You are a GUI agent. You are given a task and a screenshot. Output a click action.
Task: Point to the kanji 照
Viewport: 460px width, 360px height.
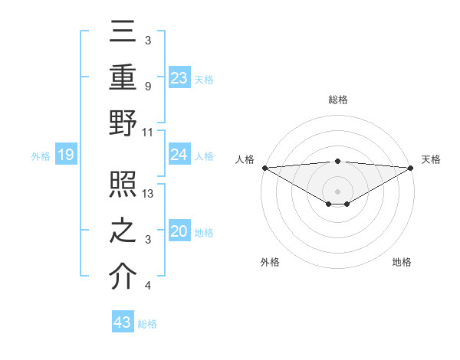coord(123,185)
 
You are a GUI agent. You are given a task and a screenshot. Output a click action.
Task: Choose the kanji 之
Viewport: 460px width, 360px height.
coord(123,231)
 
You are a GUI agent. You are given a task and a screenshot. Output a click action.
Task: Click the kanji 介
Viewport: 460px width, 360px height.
coord(123,277)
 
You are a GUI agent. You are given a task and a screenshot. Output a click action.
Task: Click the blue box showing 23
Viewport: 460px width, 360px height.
coord(179,77)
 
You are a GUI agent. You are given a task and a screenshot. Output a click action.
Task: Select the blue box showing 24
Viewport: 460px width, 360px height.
coord(179,155)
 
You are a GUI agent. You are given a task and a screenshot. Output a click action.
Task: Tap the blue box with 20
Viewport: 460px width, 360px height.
coord(179,232)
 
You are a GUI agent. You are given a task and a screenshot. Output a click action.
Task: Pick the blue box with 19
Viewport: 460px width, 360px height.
coord(65,155)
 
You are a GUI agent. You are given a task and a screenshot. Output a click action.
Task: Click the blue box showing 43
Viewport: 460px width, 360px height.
coord(123,322)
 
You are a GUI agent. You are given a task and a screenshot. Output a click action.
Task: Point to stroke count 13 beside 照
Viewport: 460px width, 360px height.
coord(149,195)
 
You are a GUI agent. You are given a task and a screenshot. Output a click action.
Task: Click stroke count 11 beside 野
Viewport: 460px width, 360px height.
coord(148,133)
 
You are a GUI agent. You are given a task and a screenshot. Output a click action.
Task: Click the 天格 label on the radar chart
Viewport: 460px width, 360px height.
coord(431,159)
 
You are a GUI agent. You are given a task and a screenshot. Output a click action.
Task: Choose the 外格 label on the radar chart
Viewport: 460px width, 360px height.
coord(269,262)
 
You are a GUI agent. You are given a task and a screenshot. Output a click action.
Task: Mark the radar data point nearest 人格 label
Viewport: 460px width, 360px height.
coord(264,168)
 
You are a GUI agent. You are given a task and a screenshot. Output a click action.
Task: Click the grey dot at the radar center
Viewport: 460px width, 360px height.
coord(337,191)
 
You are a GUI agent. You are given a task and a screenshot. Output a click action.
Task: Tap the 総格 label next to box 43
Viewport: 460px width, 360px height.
coord(147,324)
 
